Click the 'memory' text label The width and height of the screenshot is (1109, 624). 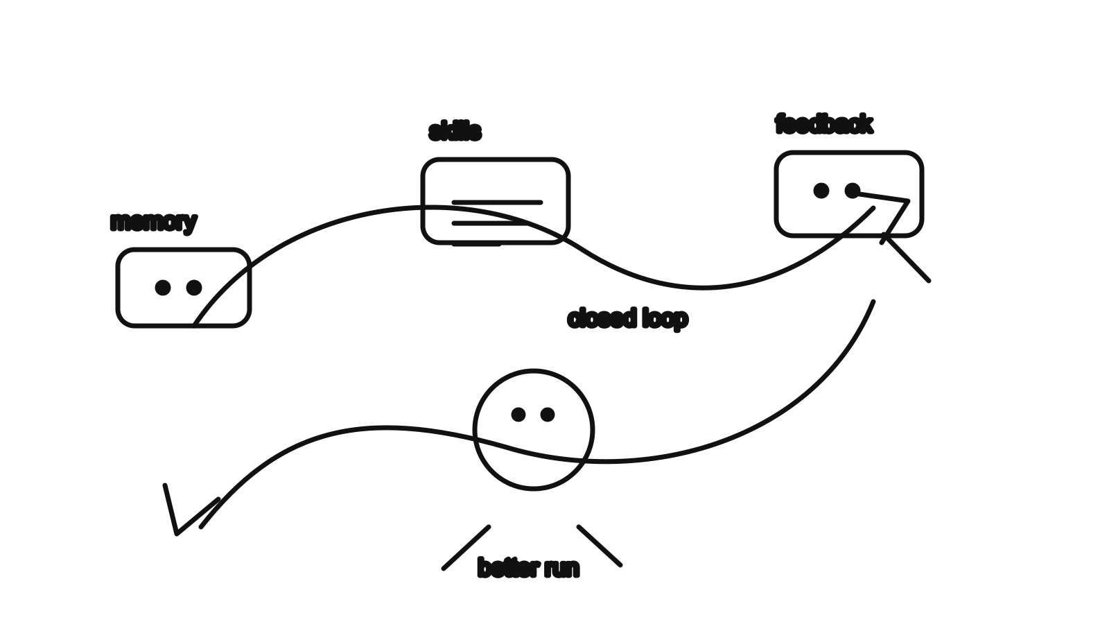[153, 223]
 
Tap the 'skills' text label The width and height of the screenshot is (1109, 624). [455, 131]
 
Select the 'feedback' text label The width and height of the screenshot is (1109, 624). [824, 124]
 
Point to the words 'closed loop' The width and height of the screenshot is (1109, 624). [627, 318]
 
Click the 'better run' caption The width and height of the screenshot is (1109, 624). [528, 568]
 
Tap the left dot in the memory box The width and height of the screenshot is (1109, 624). [163, 287]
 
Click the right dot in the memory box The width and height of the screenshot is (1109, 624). [194, 287]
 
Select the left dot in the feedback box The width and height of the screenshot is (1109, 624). [821, 191]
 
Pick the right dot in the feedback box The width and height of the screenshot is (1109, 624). [852, 191]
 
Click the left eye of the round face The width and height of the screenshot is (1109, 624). [518, 415]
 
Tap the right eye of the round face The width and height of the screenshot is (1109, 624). [548, 415]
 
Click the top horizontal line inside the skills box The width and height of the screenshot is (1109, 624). [497, 202]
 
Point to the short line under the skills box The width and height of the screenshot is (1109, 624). [476, 244]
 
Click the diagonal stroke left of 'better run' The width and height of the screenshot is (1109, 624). [466, 548]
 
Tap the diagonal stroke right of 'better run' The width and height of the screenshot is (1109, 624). [600, 546]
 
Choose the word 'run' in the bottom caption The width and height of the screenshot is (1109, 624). [562, 569]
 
